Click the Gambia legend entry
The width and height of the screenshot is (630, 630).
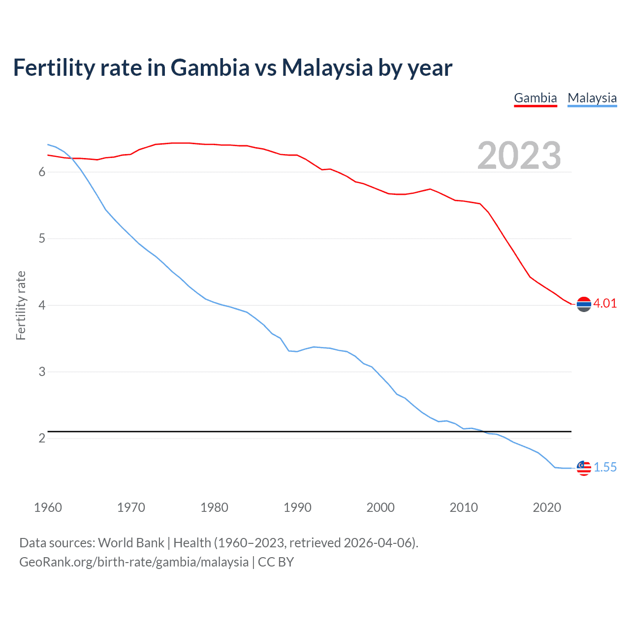535,98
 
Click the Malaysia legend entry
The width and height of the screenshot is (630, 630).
592,98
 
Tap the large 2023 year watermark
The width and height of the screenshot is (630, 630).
519,156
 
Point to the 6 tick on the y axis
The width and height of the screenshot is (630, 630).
42,172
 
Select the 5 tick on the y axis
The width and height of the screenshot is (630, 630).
42,239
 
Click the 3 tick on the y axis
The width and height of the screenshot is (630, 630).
42,372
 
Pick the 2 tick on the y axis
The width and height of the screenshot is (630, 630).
42,438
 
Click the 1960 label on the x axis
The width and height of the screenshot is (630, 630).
48,507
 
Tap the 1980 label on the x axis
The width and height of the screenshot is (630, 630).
214,507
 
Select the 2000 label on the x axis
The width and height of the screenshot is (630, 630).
380,507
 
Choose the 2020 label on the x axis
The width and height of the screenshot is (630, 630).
547,507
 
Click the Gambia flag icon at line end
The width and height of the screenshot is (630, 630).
584,305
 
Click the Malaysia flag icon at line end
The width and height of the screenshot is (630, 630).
584,468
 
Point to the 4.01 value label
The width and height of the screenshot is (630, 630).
605,304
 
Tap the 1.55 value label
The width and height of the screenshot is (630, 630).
605,468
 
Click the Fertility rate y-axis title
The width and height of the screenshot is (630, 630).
21,305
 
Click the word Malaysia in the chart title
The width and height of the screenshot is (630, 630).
327,67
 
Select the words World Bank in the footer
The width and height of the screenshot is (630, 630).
131,543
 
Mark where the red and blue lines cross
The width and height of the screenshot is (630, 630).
71,158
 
